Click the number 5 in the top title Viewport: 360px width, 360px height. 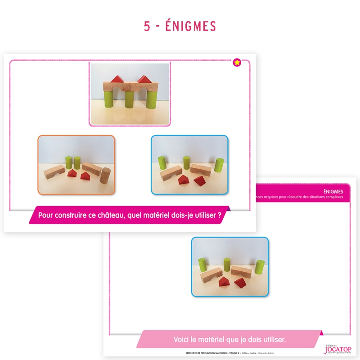pos(147,26)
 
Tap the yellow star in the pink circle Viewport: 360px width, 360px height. pos(237,63)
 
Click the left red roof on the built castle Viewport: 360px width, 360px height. pos(117,79)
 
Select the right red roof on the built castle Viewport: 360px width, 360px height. pos(144,79)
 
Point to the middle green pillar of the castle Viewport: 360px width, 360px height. pos(130,99)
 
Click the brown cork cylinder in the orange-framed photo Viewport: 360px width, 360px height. pos(105,176)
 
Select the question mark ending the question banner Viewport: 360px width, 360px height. pos(219,215)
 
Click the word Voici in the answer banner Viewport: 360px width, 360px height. pos(182,340)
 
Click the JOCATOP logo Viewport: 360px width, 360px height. pos(337,349)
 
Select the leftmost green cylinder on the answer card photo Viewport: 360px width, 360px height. pos(202,263)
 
